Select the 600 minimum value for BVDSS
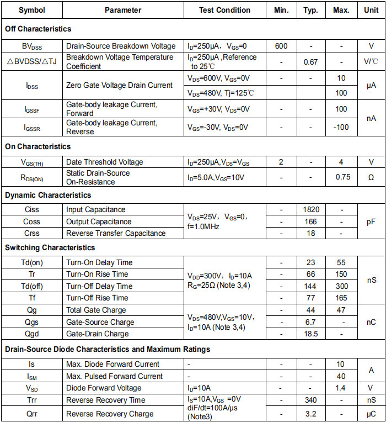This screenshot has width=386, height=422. pyautogui.click(x=281, y=46)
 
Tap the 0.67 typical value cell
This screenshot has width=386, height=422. pyautogui.click(x=310, y=62)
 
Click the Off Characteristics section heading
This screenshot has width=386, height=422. pyautogui.click(x=38, y=29)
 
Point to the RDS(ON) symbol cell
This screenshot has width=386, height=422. pyautogui.click(x=32, y=177)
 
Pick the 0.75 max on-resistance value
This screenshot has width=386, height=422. pyautogui.click(x=342, y=177)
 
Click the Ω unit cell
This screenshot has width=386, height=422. pyautogui.click(x=371, y=177)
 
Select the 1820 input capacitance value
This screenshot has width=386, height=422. pyautogui.click(x=310, y=209)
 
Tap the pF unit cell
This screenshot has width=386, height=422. pyautogui.click(x=371, y=221)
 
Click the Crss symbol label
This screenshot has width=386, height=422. pyautogui.click(x=32, y=233)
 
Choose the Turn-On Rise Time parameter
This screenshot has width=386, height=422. pyautogui.click(x=97, y=274)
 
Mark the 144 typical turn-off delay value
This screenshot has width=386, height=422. pyautogui.click(x=310, y=286)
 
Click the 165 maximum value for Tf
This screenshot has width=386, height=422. pyautogui.click(x=342, y=298)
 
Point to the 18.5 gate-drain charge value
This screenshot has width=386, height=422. pyautogui.click(x=310, y=334)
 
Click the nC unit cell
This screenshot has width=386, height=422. pyautogui.click(x=371, y=322)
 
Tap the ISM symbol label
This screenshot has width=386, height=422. pyautogui.click(x=32, y=376)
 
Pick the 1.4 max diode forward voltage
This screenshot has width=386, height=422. pyautogui.click(x=342, y=388)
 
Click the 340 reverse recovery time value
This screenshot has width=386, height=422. pyautogui.click(x=310, y=400)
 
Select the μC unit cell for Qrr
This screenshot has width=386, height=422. pyautogui.click(x=371, y=414)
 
